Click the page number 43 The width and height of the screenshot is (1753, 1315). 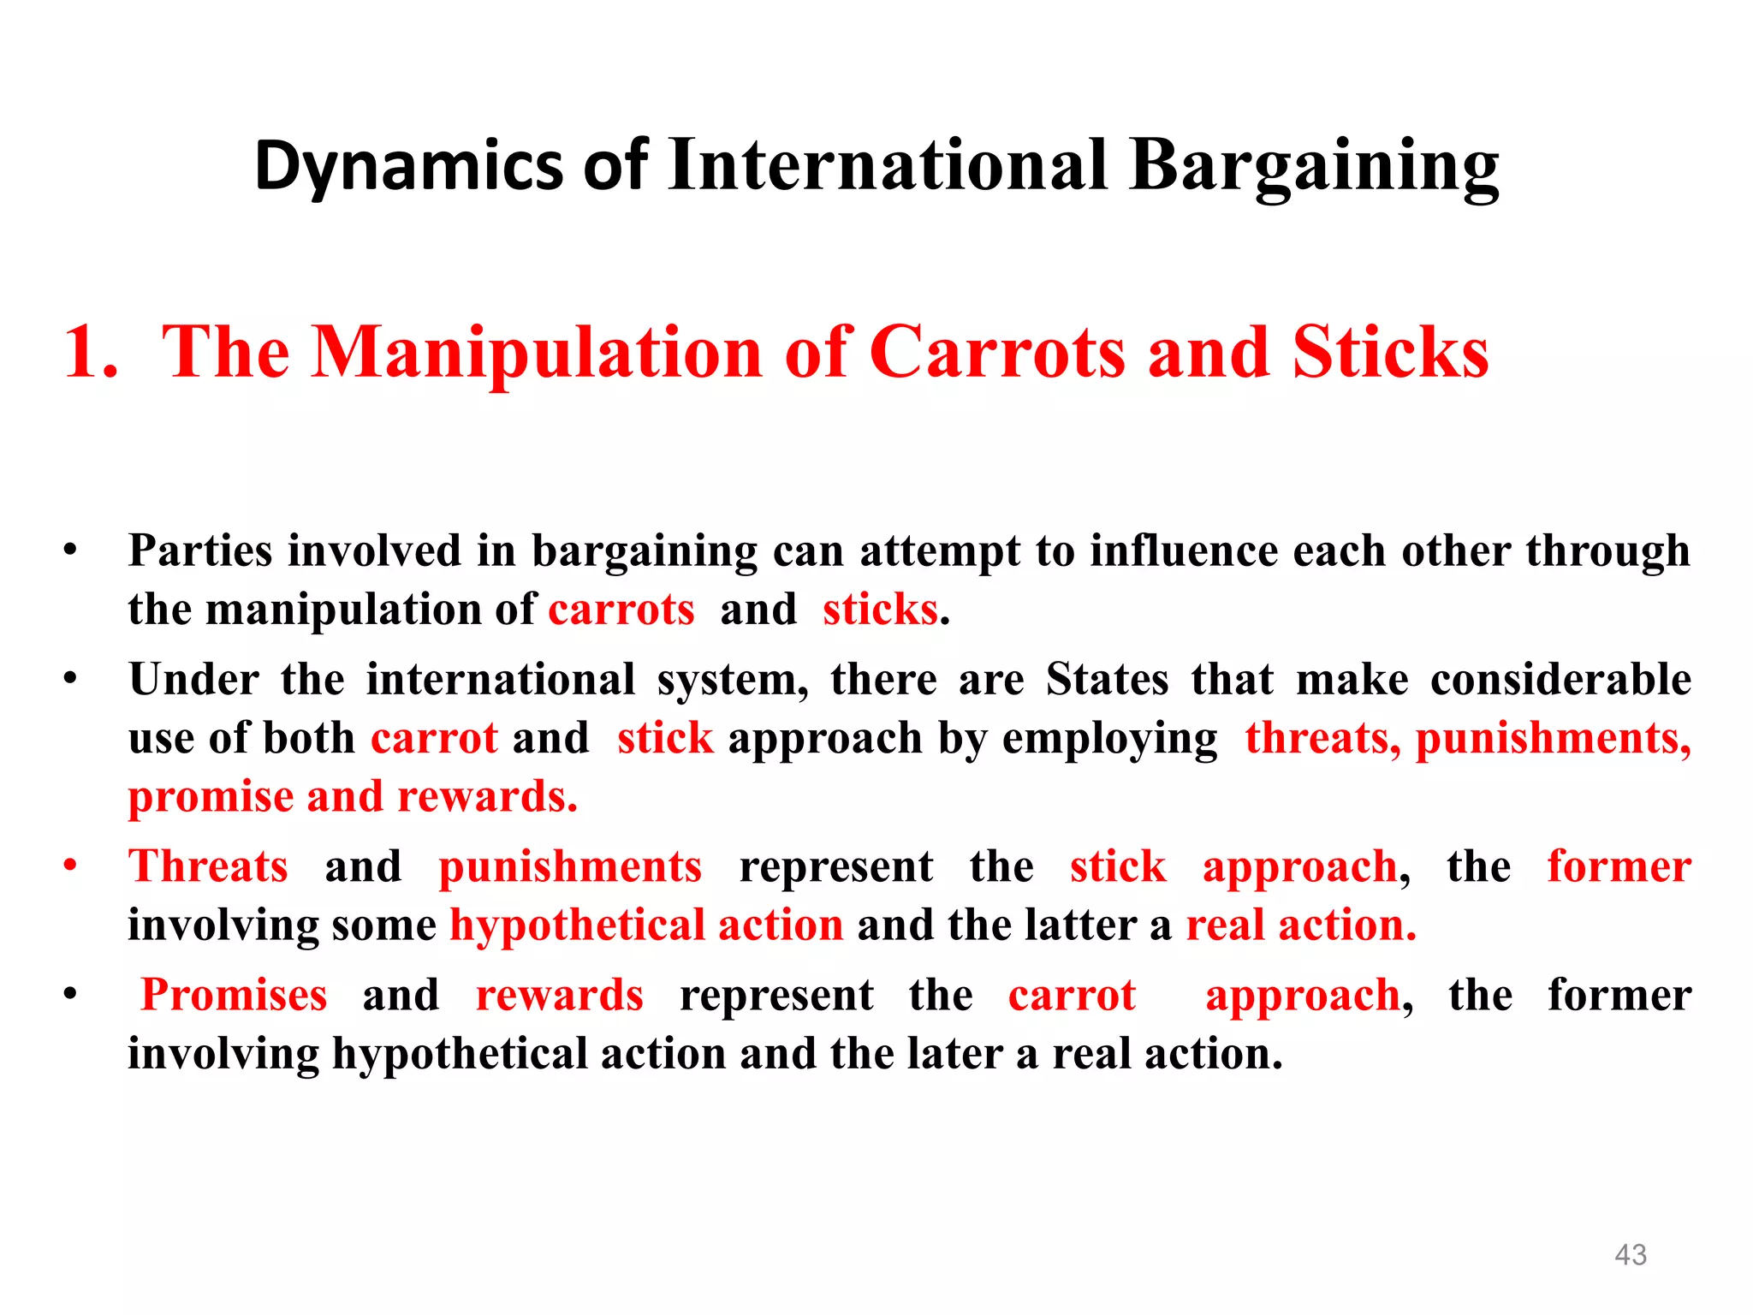1630,1254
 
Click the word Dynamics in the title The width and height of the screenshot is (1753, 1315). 409,166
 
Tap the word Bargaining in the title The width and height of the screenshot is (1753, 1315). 1314,166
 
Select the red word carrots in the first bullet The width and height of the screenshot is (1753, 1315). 621,610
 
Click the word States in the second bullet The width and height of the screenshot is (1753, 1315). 1107,680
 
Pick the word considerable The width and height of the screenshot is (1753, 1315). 1560,680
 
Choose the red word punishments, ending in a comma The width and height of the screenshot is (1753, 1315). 1553,738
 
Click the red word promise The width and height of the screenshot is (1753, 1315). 211,798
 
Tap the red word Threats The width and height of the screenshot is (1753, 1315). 208,866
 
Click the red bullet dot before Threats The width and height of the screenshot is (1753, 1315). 70,864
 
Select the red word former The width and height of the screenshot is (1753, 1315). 1619,866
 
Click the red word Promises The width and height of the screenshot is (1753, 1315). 234,995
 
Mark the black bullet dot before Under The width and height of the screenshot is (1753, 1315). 70,679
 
